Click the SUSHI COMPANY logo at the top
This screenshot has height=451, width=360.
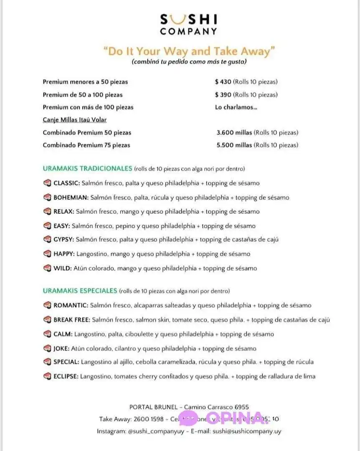point(189,25)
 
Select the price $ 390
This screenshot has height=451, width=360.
point(222,95)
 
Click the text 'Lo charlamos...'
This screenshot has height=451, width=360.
point(236,107)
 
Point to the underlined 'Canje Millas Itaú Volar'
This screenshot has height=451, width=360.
point(75,120)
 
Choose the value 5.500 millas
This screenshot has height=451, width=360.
point(234,145)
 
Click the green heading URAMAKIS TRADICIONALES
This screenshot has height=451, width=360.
point(87,169)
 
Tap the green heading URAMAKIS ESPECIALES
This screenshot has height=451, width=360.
point(80,290)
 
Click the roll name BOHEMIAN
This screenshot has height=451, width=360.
point(71,198)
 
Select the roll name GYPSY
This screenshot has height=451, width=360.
point(63,240)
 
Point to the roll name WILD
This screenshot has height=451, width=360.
point(62,268)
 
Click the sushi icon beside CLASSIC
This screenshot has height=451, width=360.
point(47,183)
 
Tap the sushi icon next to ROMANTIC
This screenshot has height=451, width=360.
point(47,306)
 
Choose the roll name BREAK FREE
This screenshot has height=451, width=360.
point(71,320)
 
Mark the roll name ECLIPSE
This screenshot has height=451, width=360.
point(66,377)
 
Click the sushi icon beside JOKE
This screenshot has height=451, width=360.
point(47,349)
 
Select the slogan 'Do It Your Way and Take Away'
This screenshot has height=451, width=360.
point(189,51)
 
